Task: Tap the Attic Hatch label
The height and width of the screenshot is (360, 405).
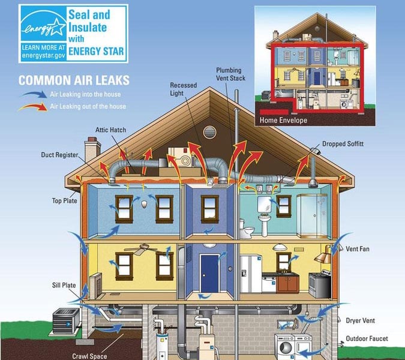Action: coord(110,130)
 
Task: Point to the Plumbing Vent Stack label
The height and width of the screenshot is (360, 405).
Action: coord(230,74)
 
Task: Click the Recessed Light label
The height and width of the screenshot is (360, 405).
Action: coord(183,89)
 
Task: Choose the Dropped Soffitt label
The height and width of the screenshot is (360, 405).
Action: coord(343,144)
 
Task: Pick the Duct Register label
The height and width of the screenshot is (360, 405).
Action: coord(59,155)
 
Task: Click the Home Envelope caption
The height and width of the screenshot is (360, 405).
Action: coord(283,120)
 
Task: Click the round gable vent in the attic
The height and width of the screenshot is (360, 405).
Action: coord(209,132)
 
